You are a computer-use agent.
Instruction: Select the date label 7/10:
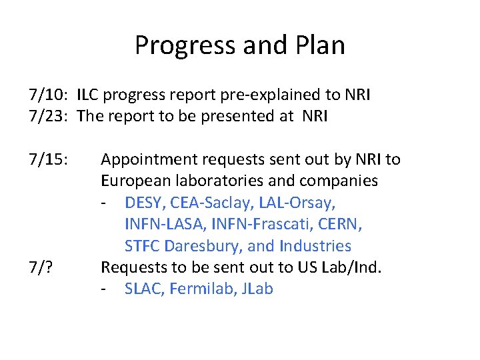(x=49, y=95)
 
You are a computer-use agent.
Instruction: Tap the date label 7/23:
(x=49, y=117)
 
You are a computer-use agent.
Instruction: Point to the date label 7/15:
(x=49, y=159)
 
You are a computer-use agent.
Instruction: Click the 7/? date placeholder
(x=41, y=268)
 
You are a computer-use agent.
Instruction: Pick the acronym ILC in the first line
(x=89, y=95)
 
